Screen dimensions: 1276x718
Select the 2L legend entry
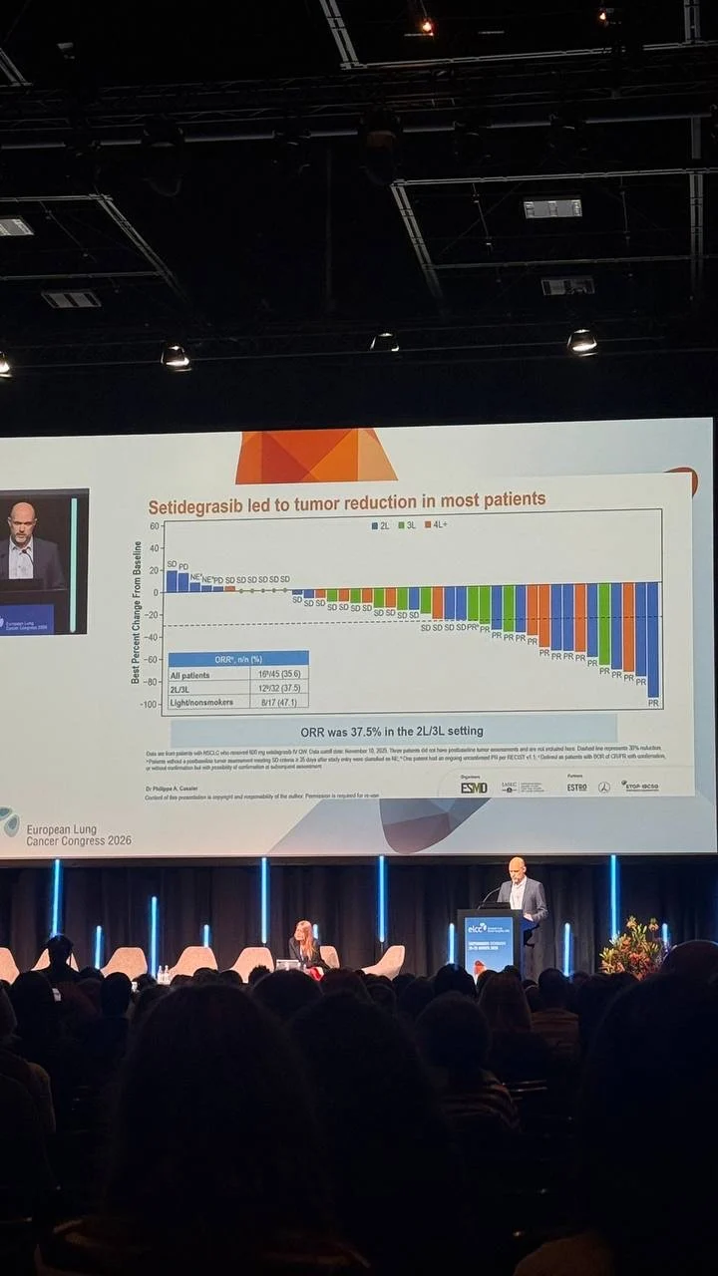pyautogui.click(x=380, y=523)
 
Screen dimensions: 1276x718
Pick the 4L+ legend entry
pyautogui.click(x=436, y=523)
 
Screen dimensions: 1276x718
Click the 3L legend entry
pyautogui.click(x=407, y=523)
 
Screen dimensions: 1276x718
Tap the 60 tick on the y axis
pyautogui.click(x=155, y=525)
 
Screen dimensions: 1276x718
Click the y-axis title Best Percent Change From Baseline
pyautogui.click(x=137, y=612)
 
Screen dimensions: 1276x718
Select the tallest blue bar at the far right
pyautogui.click(x=653, y=639)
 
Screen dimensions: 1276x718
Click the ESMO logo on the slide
pyautogui.click(x=474, y=788)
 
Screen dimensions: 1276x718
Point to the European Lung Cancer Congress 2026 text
pyautogui.click(x=78, y=834)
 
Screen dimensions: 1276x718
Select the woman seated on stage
pyautogui.click(x=303, y=946)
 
